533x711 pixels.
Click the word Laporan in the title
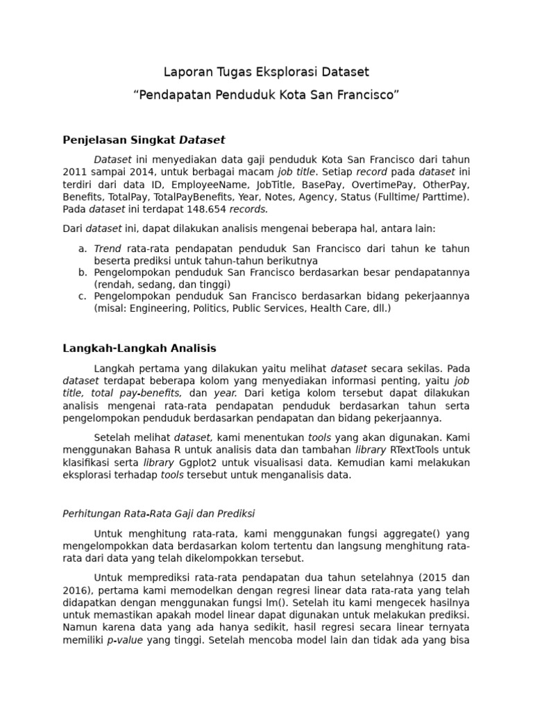[185, 72]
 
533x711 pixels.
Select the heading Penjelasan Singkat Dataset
[144, 140]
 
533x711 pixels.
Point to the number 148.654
[207, 209]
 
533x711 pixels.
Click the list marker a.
[82, 248]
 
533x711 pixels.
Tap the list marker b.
[82, 272]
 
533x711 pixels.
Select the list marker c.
[82, 296]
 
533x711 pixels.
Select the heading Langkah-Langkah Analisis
[139, 349]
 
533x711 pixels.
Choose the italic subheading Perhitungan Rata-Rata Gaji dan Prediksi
[159, 514]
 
